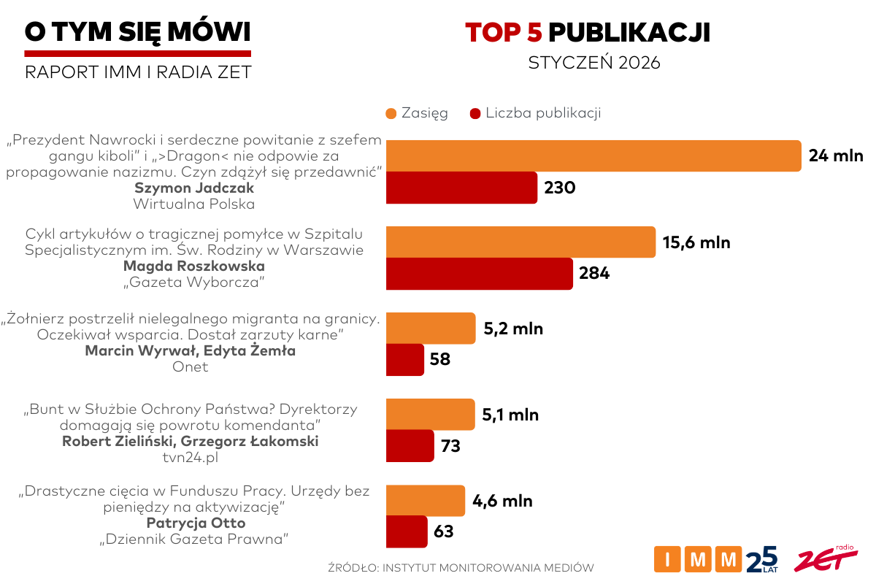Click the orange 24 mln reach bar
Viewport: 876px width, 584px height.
pos(593,155)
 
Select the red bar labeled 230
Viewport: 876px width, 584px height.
pos(461,188)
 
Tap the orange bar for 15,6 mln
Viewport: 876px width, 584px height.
pos(520,242)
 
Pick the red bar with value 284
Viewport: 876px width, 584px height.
pos(479,274)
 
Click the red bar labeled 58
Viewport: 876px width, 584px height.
pos(404,359)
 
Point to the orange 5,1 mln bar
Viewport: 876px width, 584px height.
pos(430,415)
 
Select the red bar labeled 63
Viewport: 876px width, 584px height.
pos(407,531)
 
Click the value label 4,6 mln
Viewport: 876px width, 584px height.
pos(502,501)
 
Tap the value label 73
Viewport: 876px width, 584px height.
pos(450,445)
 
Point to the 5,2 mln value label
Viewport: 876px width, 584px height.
pos(513,328)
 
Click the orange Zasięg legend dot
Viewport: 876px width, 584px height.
pos(391,113)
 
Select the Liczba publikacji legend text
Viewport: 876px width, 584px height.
pos(543,113)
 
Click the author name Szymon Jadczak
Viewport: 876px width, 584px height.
pos(193,188)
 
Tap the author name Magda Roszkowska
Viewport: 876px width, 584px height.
pos(193,266)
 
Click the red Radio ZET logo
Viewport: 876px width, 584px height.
pos(826,558)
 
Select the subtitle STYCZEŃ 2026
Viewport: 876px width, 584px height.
pos(593,63)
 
